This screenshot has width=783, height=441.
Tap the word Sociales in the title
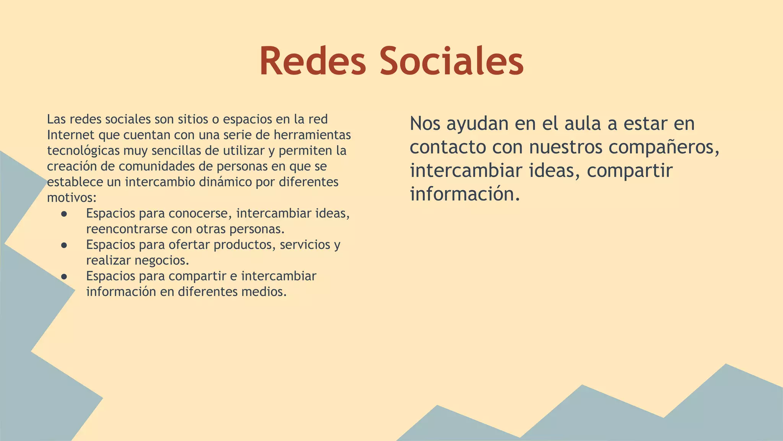(452, 61)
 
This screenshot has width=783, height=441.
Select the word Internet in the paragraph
(71, 135)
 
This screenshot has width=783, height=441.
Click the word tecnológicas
(83, 150)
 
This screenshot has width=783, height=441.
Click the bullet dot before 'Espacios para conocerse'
(64, 214)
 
